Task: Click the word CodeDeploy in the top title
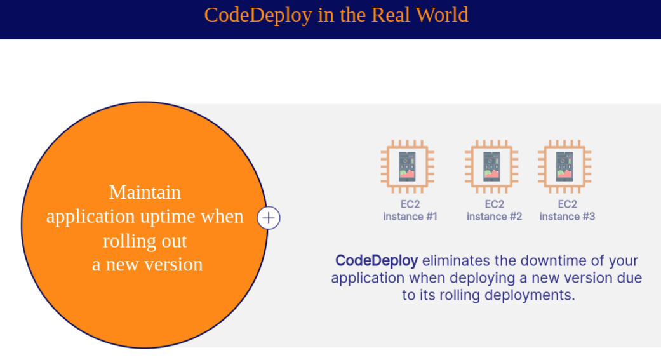click(258, 15)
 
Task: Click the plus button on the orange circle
click(269, 218)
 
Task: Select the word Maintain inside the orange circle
click(145, 192)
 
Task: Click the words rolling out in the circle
click(145, 241)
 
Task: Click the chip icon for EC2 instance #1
click(408, 166)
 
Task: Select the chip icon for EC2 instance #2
click(491, 166)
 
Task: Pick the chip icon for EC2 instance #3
click(564, 166)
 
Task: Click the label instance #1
click(410, 217)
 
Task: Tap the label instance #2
click(494, 217)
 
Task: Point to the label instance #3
click(567, 217)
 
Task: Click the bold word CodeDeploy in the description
click(377, 260)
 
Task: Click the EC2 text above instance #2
click(494, 204)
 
